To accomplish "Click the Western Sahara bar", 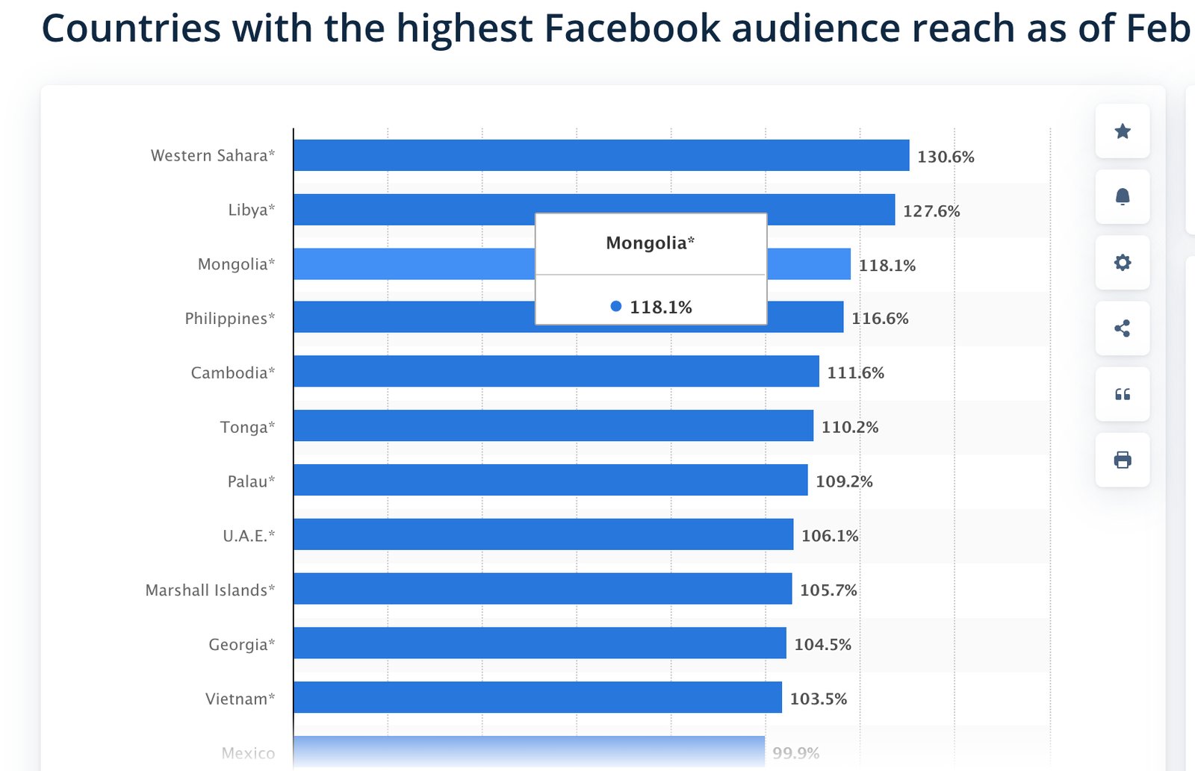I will point(601,155).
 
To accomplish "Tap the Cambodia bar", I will point(556,371).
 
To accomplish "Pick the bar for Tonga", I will point(553,425).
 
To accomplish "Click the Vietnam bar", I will point(538,697).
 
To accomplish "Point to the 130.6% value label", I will point(946,157).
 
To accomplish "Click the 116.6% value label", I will point(880,319).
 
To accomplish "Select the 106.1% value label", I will point(830,536).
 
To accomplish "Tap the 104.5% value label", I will point(822,645).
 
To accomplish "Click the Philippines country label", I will point(230,319).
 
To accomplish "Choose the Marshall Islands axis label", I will point(210,590).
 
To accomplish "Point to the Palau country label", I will point(251,481).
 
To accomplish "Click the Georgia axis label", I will point(241,645).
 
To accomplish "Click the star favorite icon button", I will point(1122,131).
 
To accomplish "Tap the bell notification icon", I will point(1122,197).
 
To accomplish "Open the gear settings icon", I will point(1122,263).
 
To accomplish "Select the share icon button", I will point(1122,328).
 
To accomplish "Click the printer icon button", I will point(1122,460).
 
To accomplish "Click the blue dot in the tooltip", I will point(615,306).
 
